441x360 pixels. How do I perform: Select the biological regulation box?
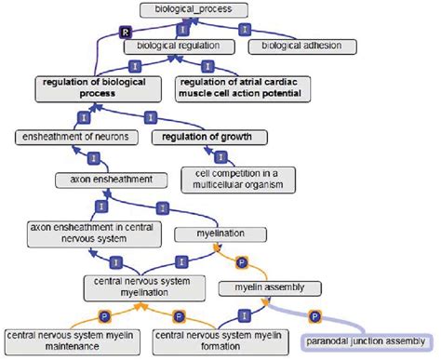[x=178, y=45]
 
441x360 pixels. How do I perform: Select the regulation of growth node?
[x=208, y=138]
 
